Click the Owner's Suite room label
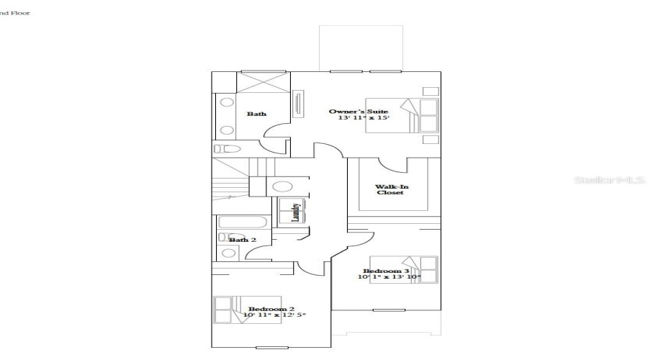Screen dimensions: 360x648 (359, 112)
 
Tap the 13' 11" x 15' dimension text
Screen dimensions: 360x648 (364, 118)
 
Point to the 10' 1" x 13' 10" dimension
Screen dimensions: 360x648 (390, 277)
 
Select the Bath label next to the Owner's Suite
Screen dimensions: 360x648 (256, 114)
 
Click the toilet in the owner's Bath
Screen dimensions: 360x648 (228, 148)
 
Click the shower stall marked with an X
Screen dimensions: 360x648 (264, 81)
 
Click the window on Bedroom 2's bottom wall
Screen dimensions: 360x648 (266, 348)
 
